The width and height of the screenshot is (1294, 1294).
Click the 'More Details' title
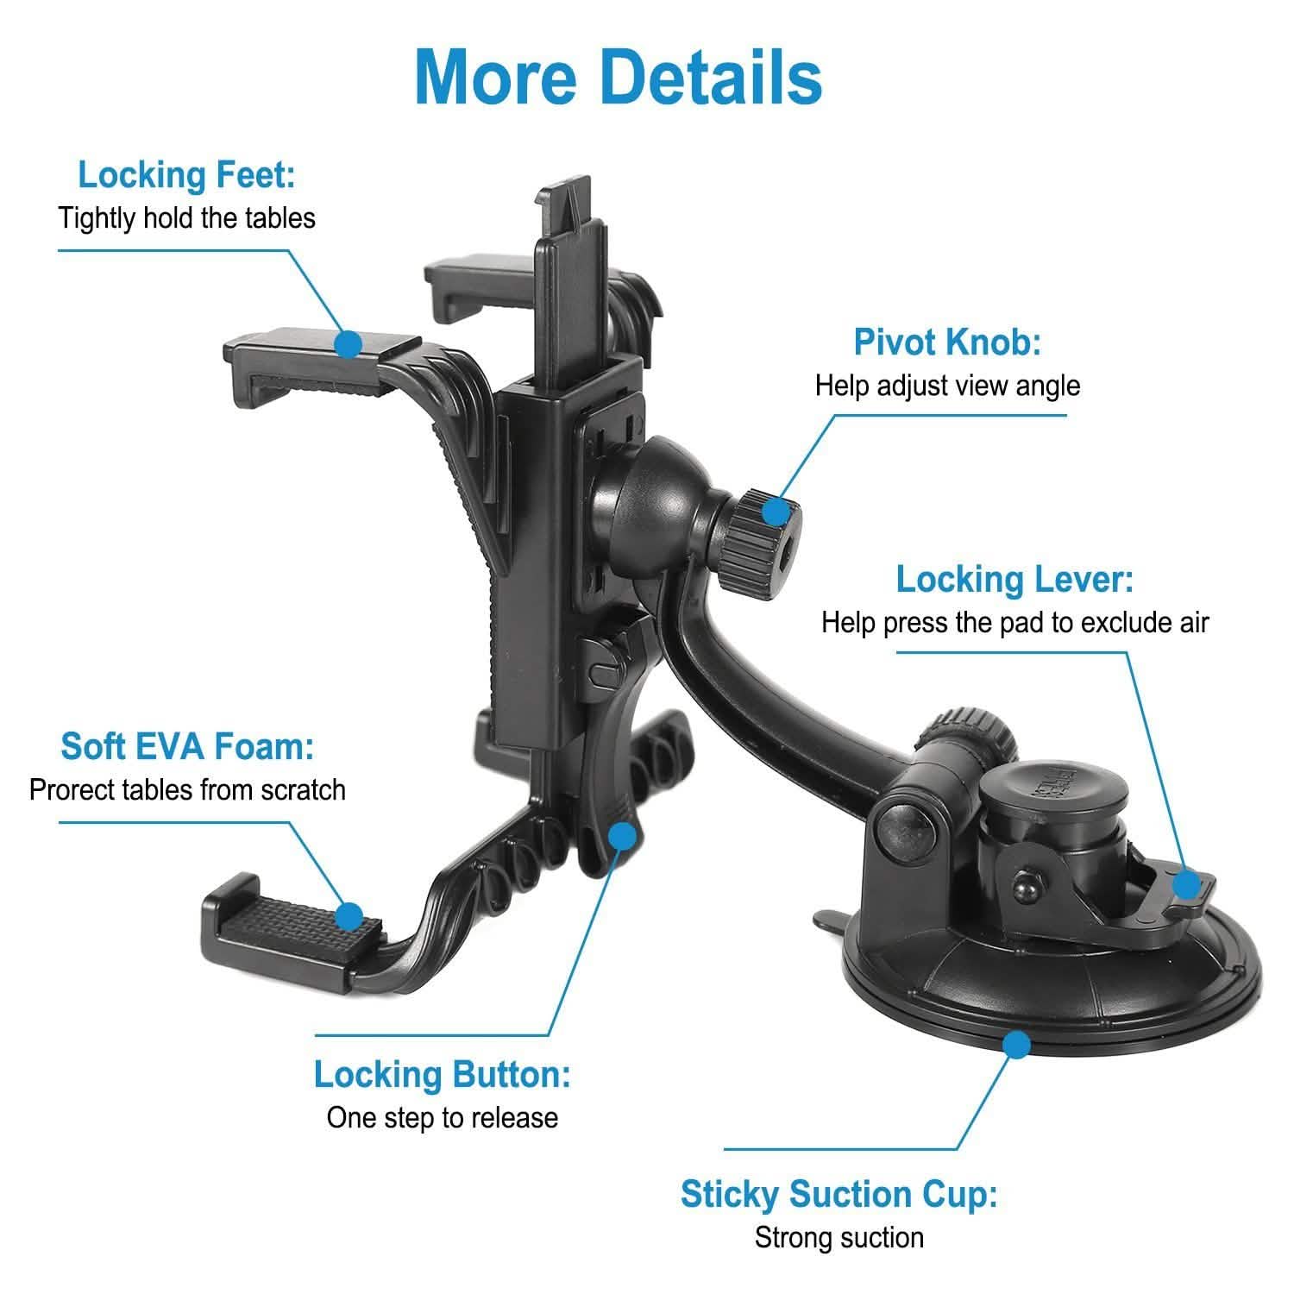618,77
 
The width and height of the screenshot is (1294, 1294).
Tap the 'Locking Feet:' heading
186,175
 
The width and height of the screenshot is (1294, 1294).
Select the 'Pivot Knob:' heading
947,342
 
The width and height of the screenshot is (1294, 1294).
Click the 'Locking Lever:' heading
1014,579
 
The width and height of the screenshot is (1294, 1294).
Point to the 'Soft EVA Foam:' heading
187,746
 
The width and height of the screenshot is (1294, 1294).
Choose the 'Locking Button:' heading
442,1075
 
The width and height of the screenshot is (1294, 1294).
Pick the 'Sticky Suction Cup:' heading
839,1195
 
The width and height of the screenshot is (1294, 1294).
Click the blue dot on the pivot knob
776,512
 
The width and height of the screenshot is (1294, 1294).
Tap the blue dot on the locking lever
1188,884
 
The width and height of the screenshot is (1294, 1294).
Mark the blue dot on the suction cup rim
1018,1046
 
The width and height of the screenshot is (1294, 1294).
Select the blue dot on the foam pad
349,916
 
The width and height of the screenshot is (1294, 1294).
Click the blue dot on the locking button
622,836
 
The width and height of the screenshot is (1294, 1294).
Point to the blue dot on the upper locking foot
348,344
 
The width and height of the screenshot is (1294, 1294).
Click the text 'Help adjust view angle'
947,386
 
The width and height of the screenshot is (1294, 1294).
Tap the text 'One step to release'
442,1118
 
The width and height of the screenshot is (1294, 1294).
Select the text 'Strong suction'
839,1238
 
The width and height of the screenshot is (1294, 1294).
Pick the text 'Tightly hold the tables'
186,218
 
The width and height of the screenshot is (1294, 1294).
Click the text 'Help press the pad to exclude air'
1014,622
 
